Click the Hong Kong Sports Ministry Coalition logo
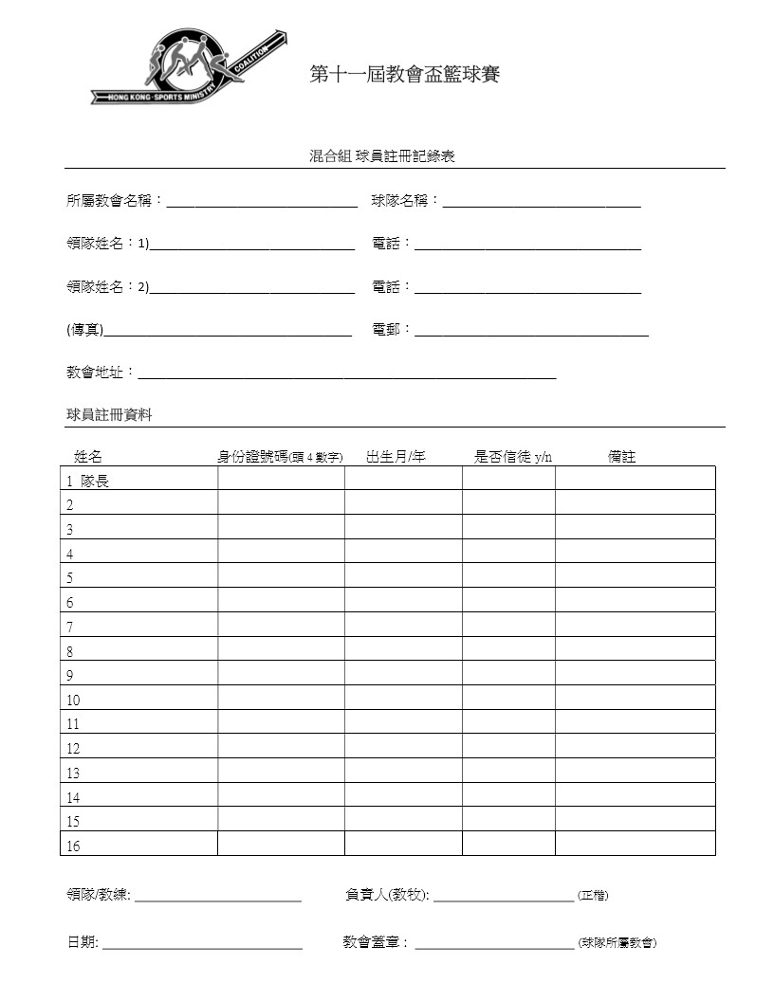point(187,67)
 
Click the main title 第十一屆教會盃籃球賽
point(404,75)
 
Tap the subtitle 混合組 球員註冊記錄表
point(382,156)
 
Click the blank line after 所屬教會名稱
point(262,201)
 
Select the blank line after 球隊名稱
point(542,201)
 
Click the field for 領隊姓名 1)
point(252,245)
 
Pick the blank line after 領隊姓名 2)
point(252,287)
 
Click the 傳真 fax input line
point(229,331)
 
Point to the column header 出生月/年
point(396,457)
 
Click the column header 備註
point(622,457)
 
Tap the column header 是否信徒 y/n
point(513,457)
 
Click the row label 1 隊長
point(88,482)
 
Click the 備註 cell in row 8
point(635,650)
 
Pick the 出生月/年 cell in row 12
point(403,748)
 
